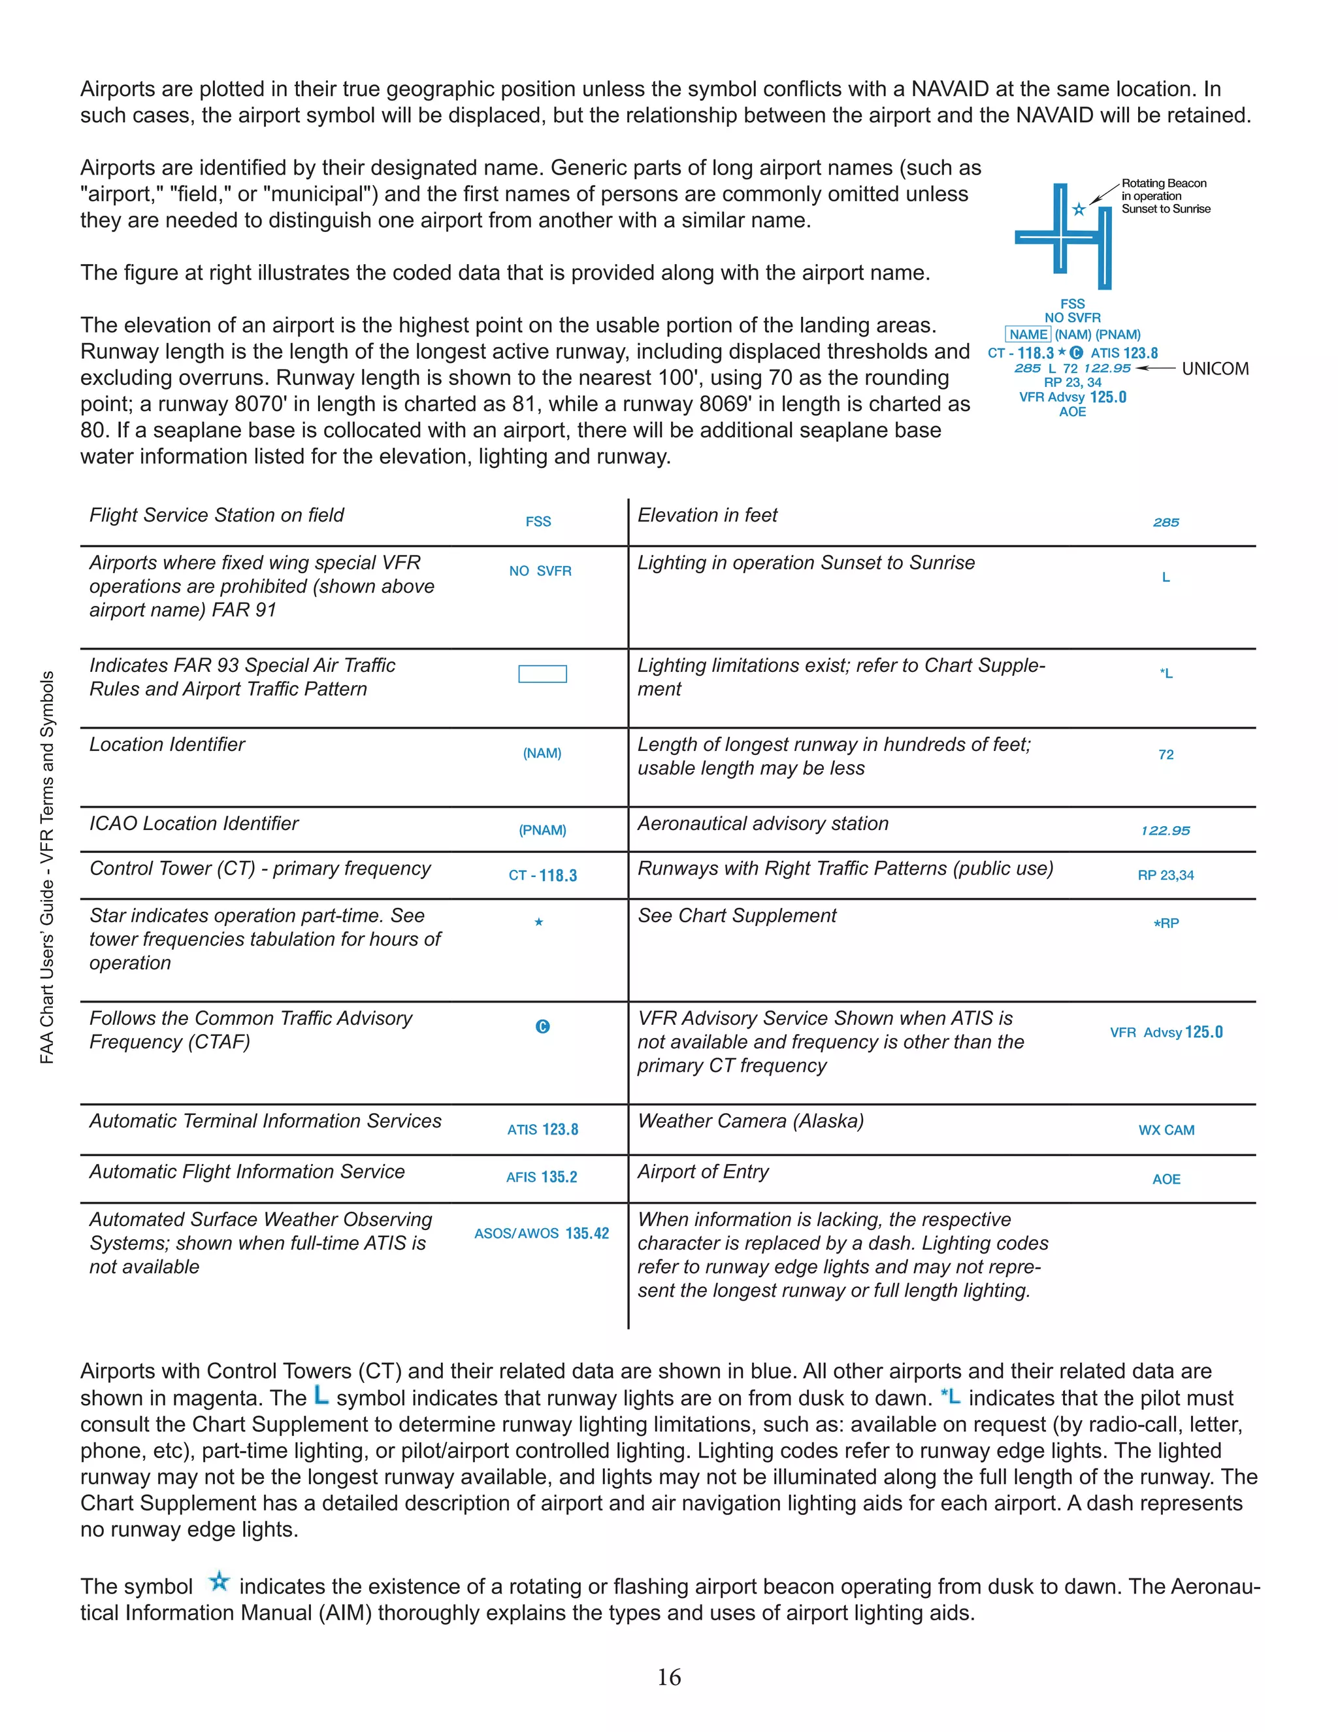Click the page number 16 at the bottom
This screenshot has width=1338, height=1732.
(668, 1676)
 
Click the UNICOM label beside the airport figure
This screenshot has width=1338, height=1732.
(1215, 369)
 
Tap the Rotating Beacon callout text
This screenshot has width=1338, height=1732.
(1164, 196)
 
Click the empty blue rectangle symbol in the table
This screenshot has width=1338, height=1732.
(542, 673)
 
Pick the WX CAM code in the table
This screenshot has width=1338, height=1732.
(1166, 1130)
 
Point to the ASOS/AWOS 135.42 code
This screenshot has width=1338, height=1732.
(542, 1233)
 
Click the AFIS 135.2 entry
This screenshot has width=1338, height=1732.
(542, 1177)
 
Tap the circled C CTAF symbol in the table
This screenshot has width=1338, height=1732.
(542, 1026)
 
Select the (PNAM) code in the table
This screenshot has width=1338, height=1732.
(542, 830)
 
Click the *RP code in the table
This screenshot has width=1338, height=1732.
(1166, 923)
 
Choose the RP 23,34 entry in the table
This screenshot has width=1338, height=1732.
(1166, 876)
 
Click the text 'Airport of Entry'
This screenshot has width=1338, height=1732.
(703, 1171)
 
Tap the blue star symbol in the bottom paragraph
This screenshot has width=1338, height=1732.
(219, 1581)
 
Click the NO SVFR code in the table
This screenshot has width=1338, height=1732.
(540, 571)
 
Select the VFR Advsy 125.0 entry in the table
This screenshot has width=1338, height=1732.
(1166, 1032)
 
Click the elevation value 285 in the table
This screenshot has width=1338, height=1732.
(1166, 523)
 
